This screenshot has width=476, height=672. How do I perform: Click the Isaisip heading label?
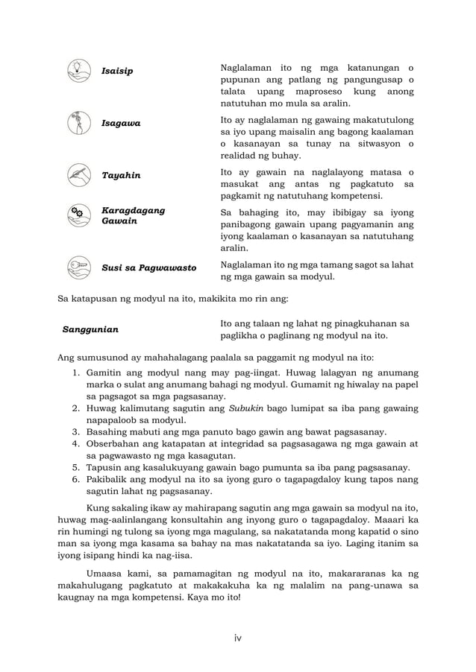117,71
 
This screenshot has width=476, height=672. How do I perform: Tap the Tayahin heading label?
120,176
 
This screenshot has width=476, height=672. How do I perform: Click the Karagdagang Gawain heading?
133,216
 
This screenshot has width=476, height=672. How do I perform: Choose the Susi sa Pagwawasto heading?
148,267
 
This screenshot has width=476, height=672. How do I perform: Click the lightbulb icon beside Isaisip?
77,68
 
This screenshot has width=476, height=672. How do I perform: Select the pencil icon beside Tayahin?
77,175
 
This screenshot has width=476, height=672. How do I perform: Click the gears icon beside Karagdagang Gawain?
77,215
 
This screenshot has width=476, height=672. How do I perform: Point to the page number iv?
237,637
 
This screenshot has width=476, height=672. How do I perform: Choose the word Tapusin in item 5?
106,469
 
